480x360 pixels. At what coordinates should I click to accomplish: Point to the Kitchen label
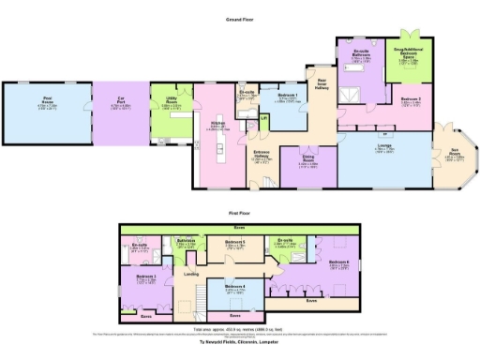pos(217,125)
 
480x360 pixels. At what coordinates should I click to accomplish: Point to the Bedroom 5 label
pos(235,242)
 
